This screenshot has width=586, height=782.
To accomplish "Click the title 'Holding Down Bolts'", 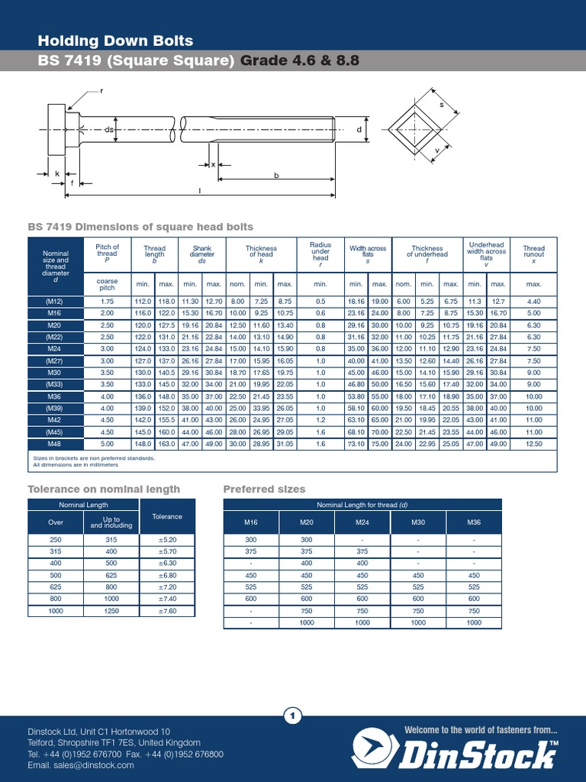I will tap(115, 40).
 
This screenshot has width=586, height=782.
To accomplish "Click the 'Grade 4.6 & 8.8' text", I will tap(300, 61).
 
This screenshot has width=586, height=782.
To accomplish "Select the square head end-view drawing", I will tap(420, 130).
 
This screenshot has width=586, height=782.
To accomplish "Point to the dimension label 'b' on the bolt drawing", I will tap(276, 175).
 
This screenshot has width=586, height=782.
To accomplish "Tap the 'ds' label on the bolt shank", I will tap(108, 131).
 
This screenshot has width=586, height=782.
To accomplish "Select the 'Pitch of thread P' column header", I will tap(107, 253).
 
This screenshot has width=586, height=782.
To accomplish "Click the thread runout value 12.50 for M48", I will tap(533, 443).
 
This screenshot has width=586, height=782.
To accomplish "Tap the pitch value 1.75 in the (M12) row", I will tap(107, 302).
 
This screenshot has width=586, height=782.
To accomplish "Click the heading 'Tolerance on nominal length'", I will tap(104, 489).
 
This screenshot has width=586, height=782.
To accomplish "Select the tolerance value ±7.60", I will tap(167, 611).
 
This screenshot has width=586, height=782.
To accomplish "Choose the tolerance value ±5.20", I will tap(167, 539).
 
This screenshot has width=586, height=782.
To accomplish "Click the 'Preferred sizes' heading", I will tap(264, 489).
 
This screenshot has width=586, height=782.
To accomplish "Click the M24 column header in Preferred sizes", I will tap(362, 522).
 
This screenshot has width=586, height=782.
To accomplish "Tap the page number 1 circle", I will tap(293, 716).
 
